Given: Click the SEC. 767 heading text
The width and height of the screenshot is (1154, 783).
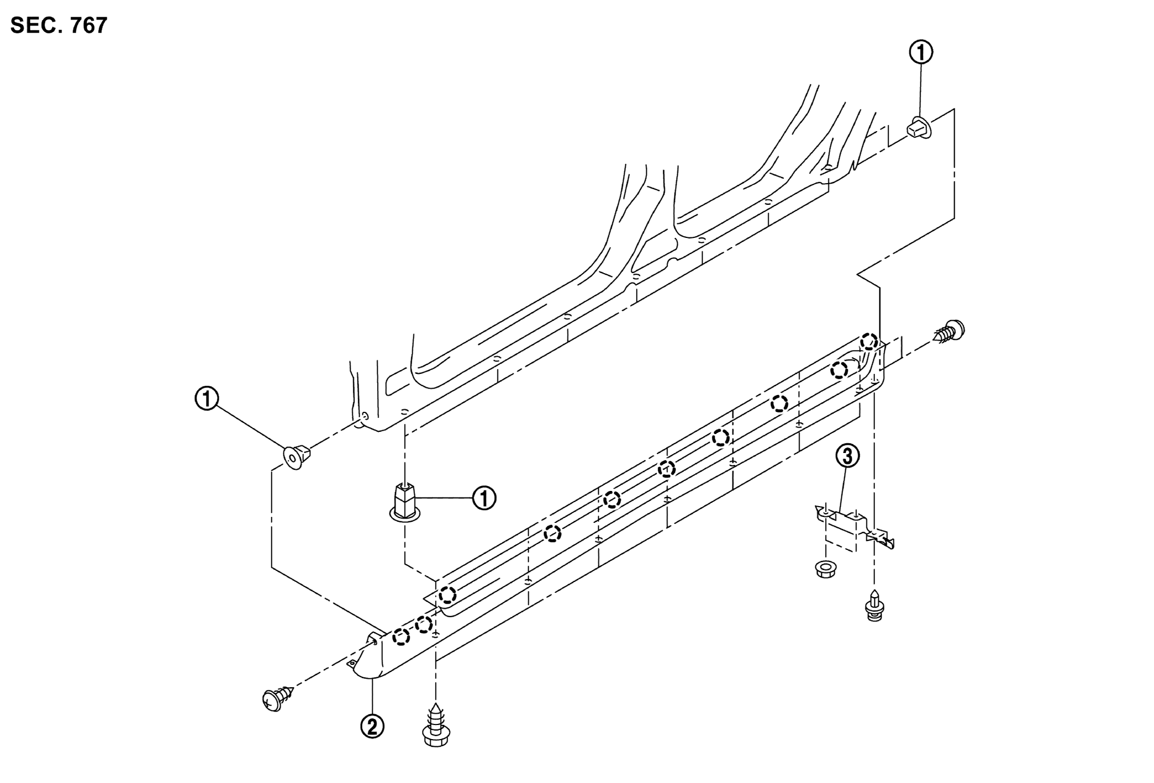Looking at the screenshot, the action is pos(59,25).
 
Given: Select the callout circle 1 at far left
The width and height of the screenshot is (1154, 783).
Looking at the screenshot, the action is pos(206,399).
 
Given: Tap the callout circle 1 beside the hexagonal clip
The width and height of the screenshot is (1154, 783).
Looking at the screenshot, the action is pos(484,498).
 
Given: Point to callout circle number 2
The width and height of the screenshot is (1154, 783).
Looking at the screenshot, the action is pos(372,726).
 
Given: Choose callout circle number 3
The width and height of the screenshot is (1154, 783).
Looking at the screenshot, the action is pos(847,456).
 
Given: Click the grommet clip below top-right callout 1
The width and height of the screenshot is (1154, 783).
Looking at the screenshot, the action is pos(919,127).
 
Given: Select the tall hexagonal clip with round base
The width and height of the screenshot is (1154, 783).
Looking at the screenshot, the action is pos(404,502).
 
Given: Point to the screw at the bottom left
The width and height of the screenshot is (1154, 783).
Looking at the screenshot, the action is pos(277,698).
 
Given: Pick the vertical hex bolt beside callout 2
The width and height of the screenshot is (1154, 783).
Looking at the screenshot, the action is pos(436,725).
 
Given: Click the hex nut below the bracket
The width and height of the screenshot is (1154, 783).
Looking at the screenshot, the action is pos(826,570).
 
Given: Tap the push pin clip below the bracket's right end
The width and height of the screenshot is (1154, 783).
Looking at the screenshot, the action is pos(874,605).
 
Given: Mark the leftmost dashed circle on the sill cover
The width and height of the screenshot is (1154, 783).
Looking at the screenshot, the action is pos(401,637).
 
